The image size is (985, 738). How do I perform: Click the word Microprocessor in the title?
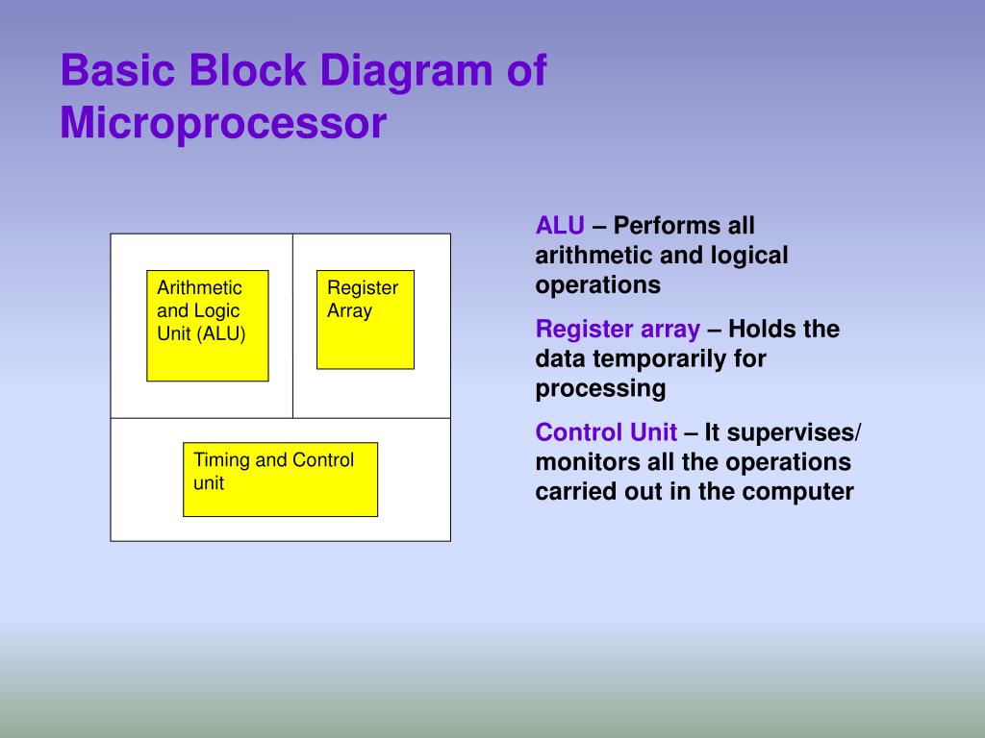click(222, 125)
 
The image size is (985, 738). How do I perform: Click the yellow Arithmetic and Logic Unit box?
click(207, 326)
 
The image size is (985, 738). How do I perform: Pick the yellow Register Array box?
click(365, 320)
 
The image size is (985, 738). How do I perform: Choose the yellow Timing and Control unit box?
click(280, 480)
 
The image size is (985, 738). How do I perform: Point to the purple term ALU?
click(560, 226)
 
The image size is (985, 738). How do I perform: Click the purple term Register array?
click(618, 330)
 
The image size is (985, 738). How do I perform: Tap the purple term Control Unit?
click(606, 432)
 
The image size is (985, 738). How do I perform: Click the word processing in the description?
click(600, 389)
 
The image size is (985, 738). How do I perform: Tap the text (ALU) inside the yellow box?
click(223, 334)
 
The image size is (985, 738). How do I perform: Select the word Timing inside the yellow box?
click(219, 460)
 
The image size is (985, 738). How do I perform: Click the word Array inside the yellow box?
click(349, 311)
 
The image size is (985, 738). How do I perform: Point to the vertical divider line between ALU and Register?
click(292, 326)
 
